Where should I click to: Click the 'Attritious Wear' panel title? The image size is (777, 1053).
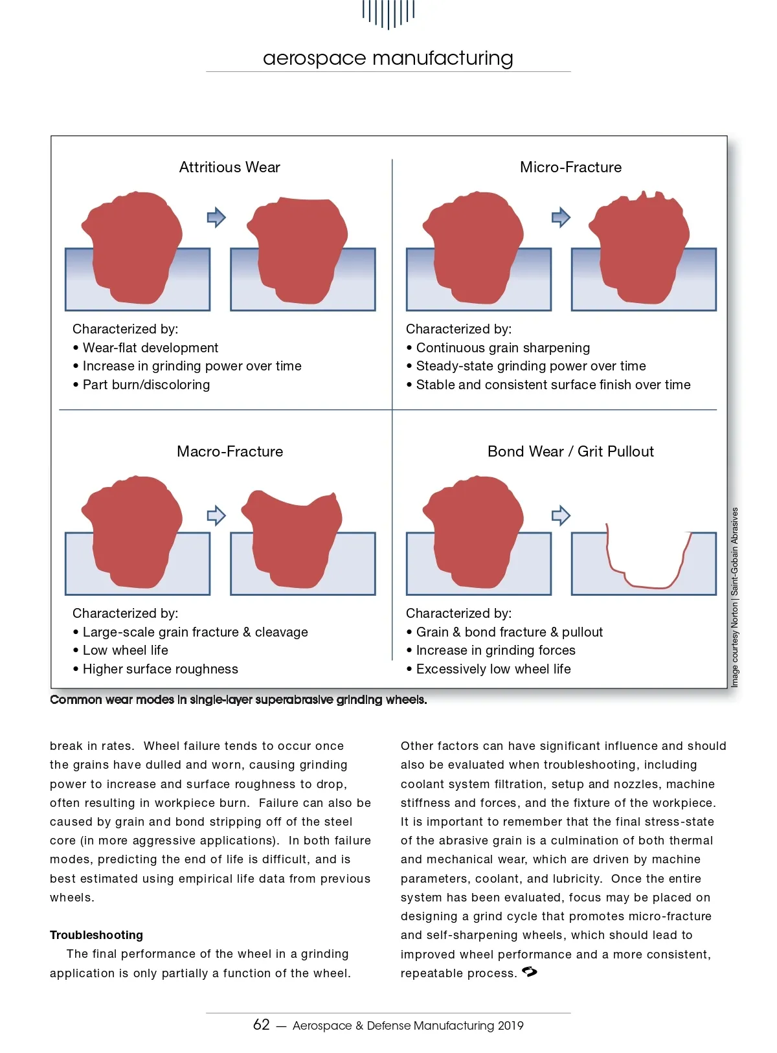(229, 167)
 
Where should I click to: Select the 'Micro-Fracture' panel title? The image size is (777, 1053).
(570, 167)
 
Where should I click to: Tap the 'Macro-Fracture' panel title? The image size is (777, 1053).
(230, 451)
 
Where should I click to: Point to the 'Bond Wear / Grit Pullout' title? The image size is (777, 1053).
(570, 451)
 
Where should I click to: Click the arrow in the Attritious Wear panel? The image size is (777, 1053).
(216, 218)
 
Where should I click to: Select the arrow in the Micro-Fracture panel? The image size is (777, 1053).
(561, 218)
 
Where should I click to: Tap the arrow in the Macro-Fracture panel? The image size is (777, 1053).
(216, 515)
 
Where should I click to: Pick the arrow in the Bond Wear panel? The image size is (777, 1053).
(561, 515)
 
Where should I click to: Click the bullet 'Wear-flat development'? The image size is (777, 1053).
(145, 348)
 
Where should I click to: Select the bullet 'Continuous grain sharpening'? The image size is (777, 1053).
(498, 348)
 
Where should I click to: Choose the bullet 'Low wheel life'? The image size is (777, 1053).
(120, 650)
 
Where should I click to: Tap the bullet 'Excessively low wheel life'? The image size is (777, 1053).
(488, 669)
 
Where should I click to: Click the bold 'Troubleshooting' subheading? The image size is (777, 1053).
(96, 934)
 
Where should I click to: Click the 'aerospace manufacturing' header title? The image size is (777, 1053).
(388, 58)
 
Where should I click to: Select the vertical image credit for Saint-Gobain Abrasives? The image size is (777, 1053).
(734, 597)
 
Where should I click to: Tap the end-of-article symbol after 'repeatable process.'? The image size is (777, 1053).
(529, 972)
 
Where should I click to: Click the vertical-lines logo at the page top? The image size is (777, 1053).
(388, 14)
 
